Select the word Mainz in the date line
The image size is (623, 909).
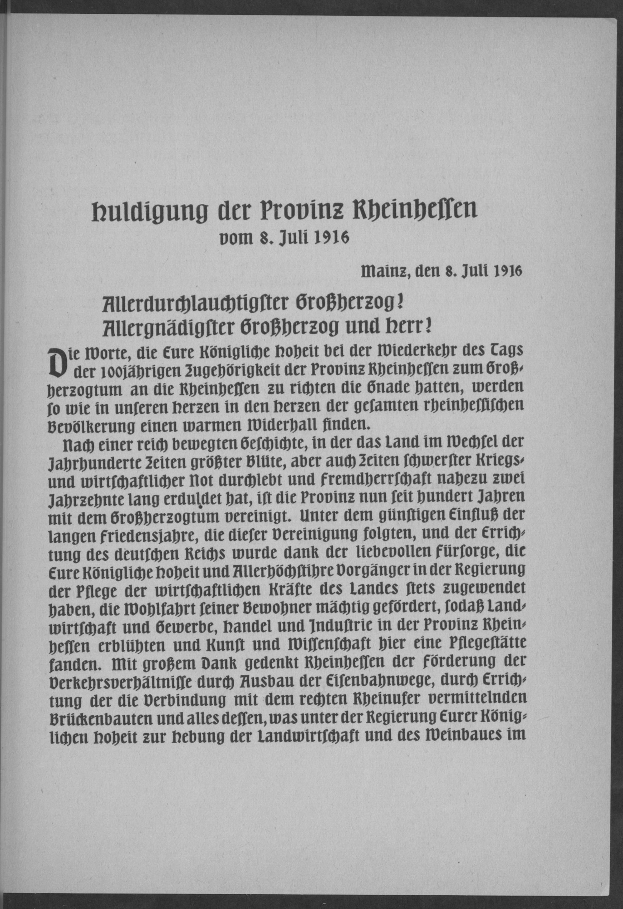(x=385, y=271)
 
